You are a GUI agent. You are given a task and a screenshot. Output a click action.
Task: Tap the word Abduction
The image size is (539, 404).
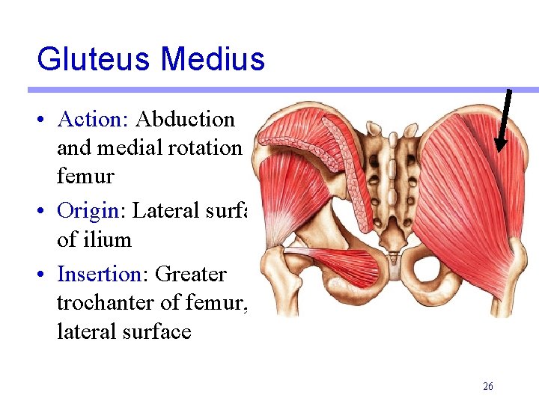(x=186, y=120)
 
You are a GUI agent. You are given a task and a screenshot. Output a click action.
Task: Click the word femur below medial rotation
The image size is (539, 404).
(x=85, y=177)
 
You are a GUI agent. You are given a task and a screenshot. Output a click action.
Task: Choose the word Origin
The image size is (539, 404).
(x=88, y=211)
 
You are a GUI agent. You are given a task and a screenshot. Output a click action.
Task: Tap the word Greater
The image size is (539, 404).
(x=190, y=274)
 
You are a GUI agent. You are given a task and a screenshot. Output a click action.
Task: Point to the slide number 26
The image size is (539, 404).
(x=488, y=386)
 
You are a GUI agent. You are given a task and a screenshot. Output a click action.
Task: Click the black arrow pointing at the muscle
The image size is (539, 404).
(x=505, y=120)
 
